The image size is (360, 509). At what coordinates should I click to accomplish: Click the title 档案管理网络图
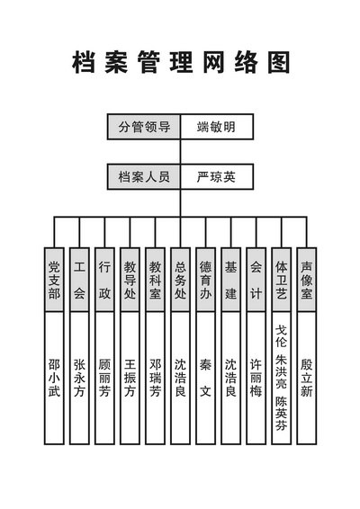tap(181, 62)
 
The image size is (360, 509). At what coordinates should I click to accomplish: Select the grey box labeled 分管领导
tap(144, 127)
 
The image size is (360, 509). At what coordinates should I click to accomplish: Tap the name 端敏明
tap(216, 127)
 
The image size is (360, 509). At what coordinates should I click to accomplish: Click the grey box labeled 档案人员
tap(144, 177)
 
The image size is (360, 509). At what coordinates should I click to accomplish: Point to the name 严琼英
tap(216, 177)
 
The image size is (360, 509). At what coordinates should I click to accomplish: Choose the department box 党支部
tap(54, 280)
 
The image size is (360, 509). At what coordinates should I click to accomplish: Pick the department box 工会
tap(79, 280)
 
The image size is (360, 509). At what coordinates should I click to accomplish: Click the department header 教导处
tap(130, 280)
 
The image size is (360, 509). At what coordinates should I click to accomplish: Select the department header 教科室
tap(155, 280)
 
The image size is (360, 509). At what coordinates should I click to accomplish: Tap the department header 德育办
tap(205, 280)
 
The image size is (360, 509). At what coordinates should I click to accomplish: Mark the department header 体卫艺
tap(282, 280)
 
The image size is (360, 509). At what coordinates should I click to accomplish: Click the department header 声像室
tap(306, 280)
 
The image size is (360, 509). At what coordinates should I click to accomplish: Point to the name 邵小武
tap(54, 378)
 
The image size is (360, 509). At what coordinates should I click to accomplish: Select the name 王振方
tap(130, 378)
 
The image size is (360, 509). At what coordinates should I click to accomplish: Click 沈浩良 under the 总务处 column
tap(180, 378)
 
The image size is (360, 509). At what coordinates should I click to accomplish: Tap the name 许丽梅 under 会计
tap(256, 378)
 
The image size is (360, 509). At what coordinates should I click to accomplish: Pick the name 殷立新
tap(306, 378)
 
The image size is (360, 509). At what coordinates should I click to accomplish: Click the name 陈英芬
tap(282, 414)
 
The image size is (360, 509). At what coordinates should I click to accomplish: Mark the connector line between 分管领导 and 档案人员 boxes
tap(180, 152)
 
